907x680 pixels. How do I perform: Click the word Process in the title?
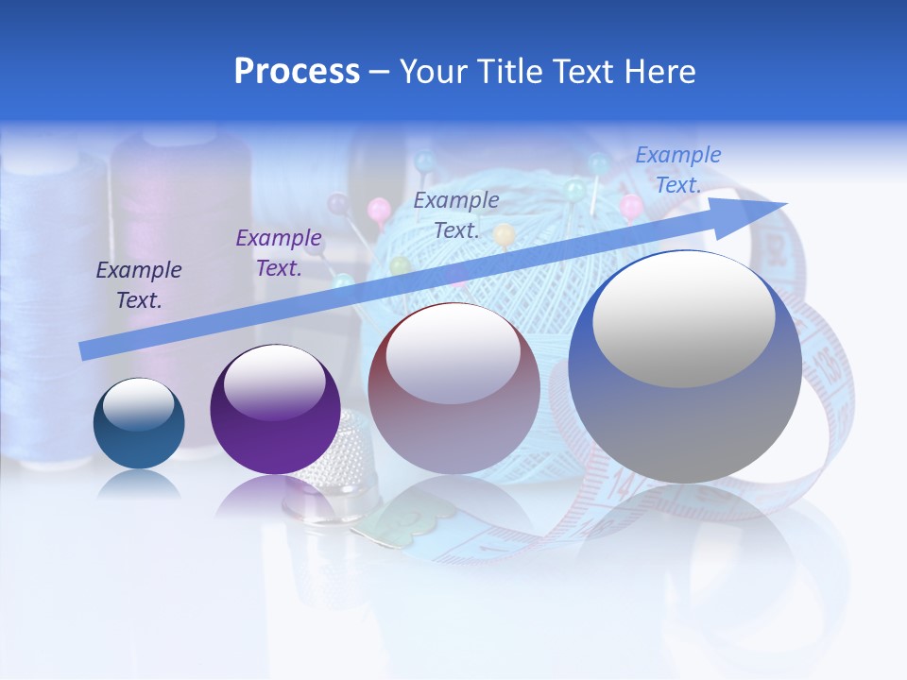tap(297, 72)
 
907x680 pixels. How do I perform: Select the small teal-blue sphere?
tap(139, 423)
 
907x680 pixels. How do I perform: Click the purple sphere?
tap(275, 410)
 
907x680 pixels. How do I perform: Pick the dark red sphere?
tap(453, 388)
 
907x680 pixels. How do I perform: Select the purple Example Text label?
tap(279, 253)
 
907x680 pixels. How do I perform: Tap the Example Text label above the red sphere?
tap(456, 215)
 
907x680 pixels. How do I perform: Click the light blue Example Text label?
tap(677, 170)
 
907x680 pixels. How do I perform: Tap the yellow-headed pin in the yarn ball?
tap(505, 233)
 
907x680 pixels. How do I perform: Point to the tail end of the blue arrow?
tap(85, 351)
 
